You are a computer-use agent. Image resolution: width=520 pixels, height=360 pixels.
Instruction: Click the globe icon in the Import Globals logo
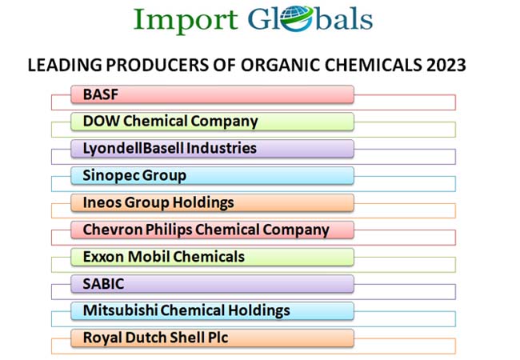(x=297, y=18)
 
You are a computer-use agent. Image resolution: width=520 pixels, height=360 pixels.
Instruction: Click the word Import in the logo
(x=186, y=21)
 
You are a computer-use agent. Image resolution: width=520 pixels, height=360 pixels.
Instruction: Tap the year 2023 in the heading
(x=446, y=65)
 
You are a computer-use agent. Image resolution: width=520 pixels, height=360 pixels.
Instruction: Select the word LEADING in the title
(x=65, y=65)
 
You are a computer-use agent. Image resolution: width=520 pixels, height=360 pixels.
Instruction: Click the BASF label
(x=101, y=94)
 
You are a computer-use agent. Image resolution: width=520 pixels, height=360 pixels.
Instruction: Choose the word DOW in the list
(x=101, y=121)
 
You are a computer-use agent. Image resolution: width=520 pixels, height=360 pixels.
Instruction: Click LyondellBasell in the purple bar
(x=133, y=148)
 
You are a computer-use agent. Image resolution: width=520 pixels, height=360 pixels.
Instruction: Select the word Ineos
(x=102, y=202)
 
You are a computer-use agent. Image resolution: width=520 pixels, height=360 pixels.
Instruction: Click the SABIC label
(x=103, y=284)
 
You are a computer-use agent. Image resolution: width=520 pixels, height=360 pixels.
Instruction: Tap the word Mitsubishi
(x=120, y=310)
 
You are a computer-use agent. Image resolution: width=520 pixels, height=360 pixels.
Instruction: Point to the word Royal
(x=102, y=338)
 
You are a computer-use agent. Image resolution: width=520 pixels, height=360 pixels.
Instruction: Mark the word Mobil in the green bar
(x=149, y=257)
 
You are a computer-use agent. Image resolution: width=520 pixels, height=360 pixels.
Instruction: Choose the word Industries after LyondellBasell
(x=221, y=148)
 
